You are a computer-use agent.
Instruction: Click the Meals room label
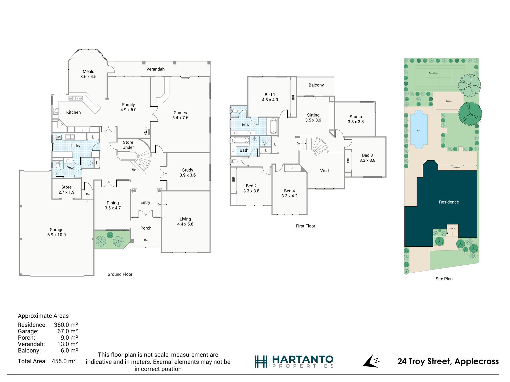coord(88,72)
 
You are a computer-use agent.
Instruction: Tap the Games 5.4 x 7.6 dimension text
coord(180,118)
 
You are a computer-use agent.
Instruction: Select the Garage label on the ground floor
coord(56,230)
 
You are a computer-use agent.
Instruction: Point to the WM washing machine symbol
coord(59,137)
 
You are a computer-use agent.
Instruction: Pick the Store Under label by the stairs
coord(128,145)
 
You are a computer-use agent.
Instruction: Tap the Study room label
coord(187,170)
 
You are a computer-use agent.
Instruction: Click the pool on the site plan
coord(418,130)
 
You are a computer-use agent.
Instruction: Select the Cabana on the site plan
coord(449,101)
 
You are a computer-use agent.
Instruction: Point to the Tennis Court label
coord(433,73)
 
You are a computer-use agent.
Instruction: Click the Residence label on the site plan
coord(449,202)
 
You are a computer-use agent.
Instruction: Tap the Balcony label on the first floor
coord(316,85)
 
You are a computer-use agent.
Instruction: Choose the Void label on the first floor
coord(324,171)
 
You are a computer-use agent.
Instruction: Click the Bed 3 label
coord(367,155)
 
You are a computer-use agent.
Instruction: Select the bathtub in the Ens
coord(273,126)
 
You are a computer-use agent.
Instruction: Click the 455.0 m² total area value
coord(64,361)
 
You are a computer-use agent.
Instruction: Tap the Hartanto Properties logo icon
coord(261,362)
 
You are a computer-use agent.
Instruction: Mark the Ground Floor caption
coord(120,275)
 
